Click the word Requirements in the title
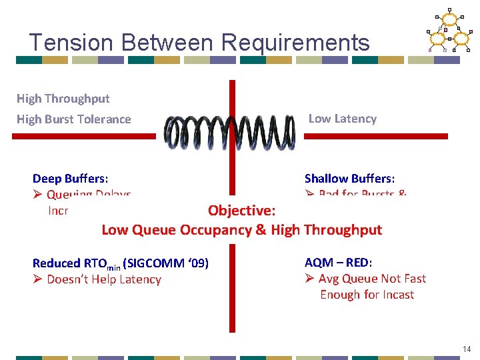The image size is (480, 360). (295, 43)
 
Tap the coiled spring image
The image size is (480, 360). (230, 133)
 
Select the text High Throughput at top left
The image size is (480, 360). (63, 99)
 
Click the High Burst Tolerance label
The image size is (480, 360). (74, 119)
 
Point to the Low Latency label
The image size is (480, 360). (342, 119)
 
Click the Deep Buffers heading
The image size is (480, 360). (71, 179)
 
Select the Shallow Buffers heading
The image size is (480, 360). (349, 179)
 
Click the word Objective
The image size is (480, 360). (241, 211)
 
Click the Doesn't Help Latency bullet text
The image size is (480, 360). (104, 279)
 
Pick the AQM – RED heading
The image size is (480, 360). (338, 263)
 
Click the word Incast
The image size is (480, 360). (397, 295)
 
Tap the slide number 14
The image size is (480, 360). (466, 349)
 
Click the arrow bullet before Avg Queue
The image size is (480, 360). (309, 279)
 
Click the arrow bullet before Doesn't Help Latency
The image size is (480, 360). (37, 279)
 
